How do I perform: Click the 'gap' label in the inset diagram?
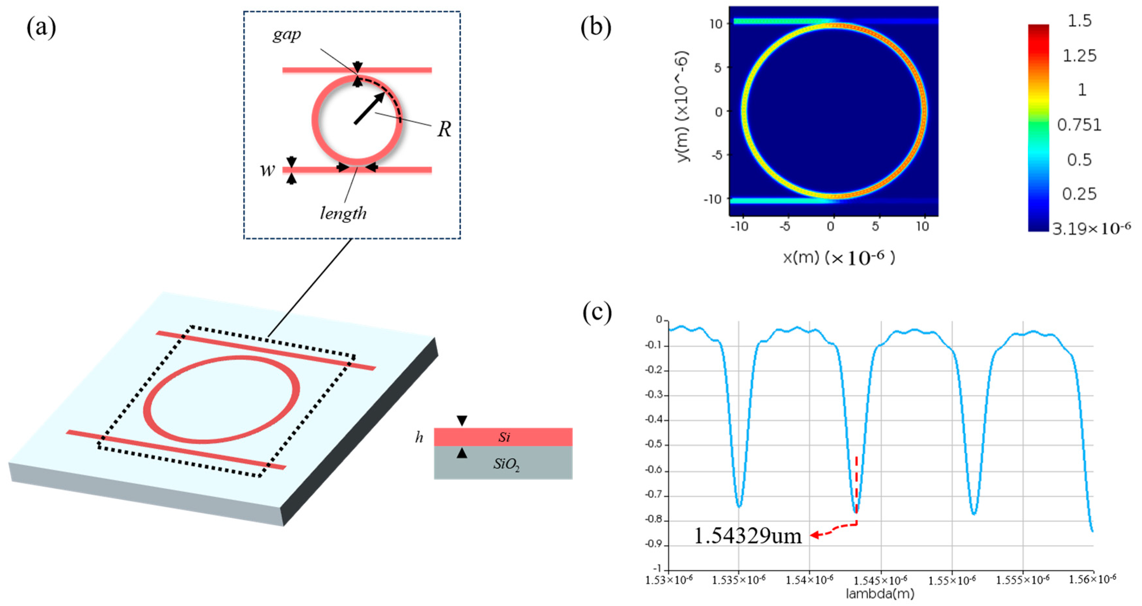[x=286, y=34]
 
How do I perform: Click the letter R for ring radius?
[x=444, y=129]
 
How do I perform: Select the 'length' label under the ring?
[x=343, y=213]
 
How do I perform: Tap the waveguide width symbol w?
[x=267, y=170]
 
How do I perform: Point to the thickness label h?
[x=418, y=438]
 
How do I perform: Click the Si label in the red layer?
[x=504, y=437]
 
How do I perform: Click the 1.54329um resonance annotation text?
[x=747, y=536]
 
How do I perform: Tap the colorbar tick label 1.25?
[x=1080, y=56]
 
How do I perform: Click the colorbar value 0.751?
[x=1079, y=125]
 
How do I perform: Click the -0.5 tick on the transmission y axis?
[x=654, y=445]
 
